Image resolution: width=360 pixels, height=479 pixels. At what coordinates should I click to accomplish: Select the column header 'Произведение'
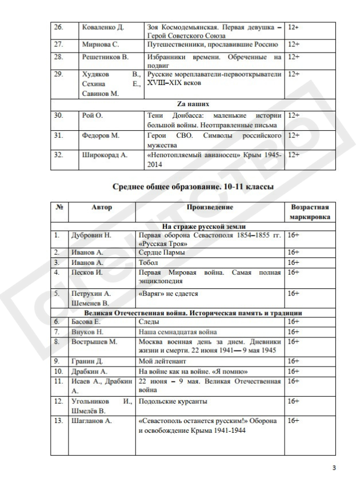point(210,208)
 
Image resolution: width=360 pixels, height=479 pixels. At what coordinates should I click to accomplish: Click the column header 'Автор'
point(102,208)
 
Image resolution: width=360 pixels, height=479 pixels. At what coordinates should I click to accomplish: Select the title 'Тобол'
point(149,262)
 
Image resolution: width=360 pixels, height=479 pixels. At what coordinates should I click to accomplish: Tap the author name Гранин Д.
point(89,360)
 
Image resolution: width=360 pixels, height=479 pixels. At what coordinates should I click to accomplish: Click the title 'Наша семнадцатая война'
point(178,331)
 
